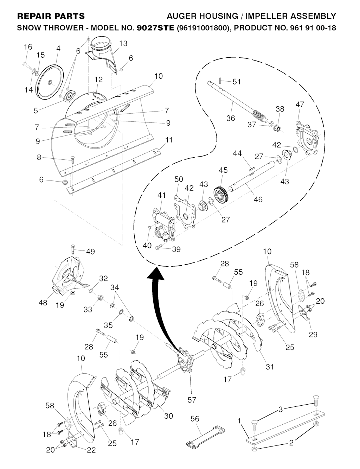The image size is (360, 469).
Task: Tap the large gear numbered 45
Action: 221,194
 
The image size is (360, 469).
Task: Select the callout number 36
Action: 231,118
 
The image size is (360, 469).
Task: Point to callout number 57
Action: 192,399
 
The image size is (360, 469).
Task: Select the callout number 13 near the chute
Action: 123,44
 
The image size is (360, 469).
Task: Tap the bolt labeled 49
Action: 72,248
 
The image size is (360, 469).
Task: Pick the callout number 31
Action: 269,367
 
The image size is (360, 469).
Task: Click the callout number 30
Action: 168,416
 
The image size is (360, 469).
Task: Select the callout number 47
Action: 300,104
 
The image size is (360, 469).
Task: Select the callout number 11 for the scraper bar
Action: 169,140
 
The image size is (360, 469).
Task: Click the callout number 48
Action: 43,302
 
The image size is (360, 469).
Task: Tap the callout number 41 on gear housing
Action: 161,195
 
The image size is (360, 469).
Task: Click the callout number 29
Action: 313,334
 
